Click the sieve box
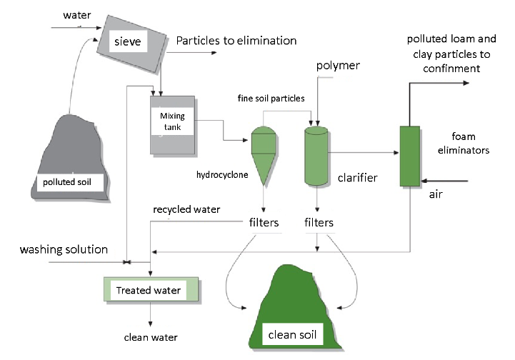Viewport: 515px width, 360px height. [x=131, y=43]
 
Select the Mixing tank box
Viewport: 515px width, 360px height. [x=172, y=125]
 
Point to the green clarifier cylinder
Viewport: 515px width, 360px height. [x=316, y=156]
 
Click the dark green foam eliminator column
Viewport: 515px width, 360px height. [x=410, y=156]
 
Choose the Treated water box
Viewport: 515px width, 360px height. [x=151, y=289]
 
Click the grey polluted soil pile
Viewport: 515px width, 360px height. [x=70, y=157]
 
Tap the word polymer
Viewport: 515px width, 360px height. [x=338, y=66]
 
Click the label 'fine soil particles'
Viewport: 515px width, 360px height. [x=271, y=98]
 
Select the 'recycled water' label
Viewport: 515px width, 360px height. [x=186, y=209]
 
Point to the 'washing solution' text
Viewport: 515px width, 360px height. [x=64, y=249]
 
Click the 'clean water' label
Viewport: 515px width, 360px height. [x=151, y=337]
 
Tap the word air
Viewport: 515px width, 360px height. [x=436, y=194]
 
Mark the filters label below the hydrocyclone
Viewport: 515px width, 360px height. [x=264, y=223]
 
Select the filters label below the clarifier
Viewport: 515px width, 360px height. [x=319, y=223]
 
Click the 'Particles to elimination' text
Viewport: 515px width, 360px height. [x=236, y=41]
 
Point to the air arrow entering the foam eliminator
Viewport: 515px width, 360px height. [x=444, y=181]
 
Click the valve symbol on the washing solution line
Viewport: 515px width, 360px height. [x=126, y=262]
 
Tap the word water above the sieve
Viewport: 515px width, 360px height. [x=77, y=15]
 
